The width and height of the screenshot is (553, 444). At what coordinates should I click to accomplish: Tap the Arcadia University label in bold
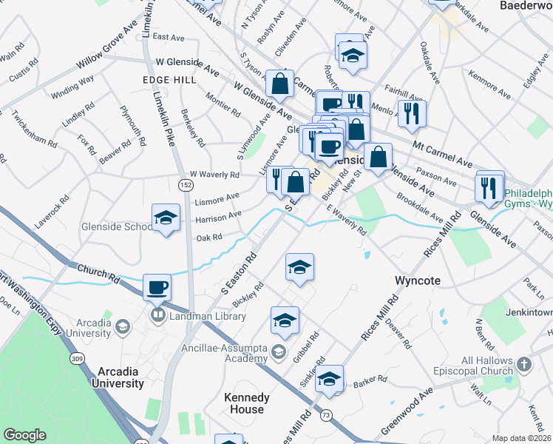click(x=118, y=377)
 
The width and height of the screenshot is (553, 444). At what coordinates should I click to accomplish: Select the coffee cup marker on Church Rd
click(x=157, y=287)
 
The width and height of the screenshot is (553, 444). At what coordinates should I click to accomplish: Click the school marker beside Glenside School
click(x=166, y=218)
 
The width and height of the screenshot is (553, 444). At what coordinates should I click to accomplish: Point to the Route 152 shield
click(x=183, y=182)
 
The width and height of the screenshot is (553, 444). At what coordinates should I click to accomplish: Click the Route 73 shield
click(x=325, y=416)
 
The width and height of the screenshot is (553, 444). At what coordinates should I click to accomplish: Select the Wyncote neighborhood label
click(x=418, y=281)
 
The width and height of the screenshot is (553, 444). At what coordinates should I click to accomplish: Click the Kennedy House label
click(x=247, y=403)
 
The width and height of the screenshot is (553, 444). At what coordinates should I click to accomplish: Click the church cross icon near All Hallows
click(x=523, y=364)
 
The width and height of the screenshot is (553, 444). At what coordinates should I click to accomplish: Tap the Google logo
click(x=24, y=435)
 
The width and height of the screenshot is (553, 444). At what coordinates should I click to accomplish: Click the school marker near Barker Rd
click(x=330, y=380)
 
